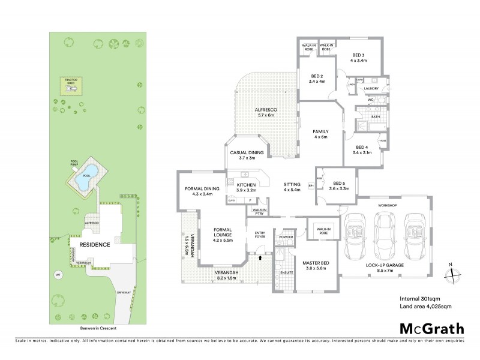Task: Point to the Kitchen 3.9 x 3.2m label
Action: [x=247, y=187]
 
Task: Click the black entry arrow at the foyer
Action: [x=260, y=257]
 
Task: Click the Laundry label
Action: [x=372, y=88]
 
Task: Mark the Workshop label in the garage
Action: [x=385, y=205]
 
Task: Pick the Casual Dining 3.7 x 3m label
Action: [x=247, y=155]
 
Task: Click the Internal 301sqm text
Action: [x=419, y=299]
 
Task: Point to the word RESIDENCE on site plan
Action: [x=94, y=245]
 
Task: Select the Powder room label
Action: [x=286, y=236]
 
